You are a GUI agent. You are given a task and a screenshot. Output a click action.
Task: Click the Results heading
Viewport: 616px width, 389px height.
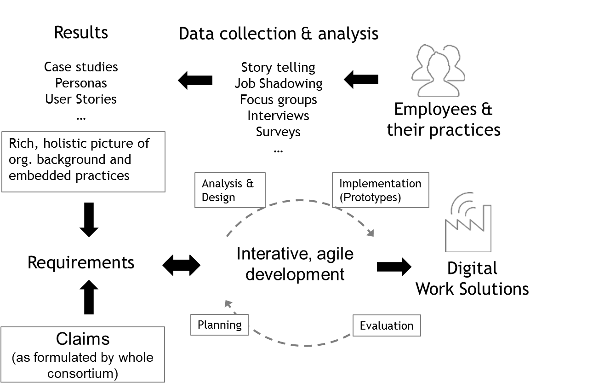pyautogui.click(x=81, y=33)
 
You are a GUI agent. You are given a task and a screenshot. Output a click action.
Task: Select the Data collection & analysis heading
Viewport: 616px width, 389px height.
pyautogui.click(x=279, y=34)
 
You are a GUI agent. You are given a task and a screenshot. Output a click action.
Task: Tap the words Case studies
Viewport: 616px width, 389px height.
pyautogui.click(x=81, y=67)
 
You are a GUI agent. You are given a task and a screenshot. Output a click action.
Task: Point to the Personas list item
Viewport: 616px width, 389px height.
pyautogui.click(x=81, y=83)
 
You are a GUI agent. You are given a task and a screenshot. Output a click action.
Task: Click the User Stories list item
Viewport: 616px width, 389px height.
pyautogui.click(x=81, y=99)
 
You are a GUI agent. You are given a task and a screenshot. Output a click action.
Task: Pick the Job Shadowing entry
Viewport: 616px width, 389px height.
pyautogui.click(x=279, y=83)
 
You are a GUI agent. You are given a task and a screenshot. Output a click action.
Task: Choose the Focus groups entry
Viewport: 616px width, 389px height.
pyautogui.click(x=279, y=99)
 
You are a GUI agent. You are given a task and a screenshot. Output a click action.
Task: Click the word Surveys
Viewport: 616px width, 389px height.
pyautogui.click(x=279, y=132)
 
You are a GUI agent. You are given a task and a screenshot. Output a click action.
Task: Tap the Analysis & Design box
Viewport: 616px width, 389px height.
pyautogui.click(x=230, y=190)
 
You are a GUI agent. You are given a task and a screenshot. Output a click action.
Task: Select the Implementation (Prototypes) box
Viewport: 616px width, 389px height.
pyautogui.click(x=381, y=190)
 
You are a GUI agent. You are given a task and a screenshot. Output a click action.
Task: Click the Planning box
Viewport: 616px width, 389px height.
pyautogui.click(x=219, y=325)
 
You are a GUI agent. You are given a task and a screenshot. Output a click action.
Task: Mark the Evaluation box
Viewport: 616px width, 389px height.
pyautogui.click(x=387, y=326)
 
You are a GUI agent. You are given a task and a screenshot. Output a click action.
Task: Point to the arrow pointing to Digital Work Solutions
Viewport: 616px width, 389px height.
pyautogui.click(x=394, y=267)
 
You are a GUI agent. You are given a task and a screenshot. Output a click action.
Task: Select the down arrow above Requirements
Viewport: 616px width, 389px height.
pyautogui.click(x=89, y=220)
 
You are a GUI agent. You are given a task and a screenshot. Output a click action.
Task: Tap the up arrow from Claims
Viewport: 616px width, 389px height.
pyautogui.click(x=89, y=297)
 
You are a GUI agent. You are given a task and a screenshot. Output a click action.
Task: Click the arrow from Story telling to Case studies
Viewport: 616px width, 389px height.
pyautogui.click(x=195, y=80)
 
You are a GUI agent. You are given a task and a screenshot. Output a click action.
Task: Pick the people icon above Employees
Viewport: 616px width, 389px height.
pyautogui.click(x=437, y=69)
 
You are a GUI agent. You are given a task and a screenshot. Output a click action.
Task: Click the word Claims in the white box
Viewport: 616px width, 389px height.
pyautogui.click(x=83, y=339)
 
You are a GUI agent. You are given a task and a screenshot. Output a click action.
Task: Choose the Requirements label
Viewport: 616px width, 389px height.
pyautogui.click(x=81, y=262)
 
